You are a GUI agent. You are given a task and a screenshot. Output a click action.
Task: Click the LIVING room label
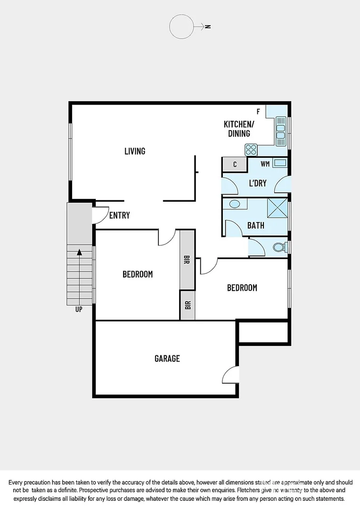pos(135,151)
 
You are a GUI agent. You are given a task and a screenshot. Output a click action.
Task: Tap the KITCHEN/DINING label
pos(238,129)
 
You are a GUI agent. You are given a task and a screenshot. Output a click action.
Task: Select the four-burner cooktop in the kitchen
pos(251,149)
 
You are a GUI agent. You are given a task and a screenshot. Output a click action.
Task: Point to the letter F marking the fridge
pos(258,112)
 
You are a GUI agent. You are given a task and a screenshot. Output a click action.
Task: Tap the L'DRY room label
pos(257,183)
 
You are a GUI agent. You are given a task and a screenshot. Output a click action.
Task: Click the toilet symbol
pos(279,247)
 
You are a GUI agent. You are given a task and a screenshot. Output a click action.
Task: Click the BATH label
pos(256,226)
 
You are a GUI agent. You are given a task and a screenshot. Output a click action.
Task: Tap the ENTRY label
pos(119,215)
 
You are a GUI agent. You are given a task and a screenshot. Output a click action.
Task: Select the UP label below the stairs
pos(79,310)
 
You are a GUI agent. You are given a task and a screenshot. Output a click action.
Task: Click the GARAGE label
pos(167,359)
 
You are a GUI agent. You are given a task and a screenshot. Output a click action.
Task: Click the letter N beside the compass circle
pos(208,27)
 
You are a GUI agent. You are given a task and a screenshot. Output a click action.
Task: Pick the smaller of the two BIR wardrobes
pos(187,305)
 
